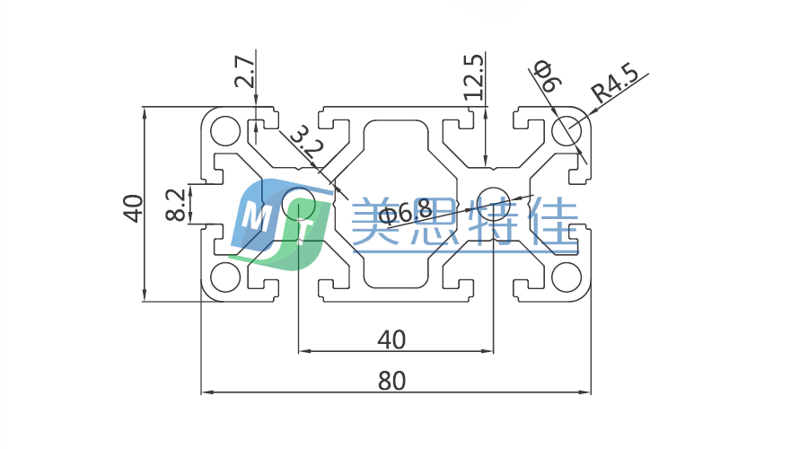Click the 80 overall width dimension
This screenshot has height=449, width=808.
(x=391, y=381)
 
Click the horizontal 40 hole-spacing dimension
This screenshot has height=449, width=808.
(x=391, y=339)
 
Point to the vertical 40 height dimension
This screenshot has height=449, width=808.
(x=133, y=207)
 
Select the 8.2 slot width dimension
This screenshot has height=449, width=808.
(x=177, y=204)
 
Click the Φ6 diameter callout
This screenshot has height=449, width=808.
(x=547, y=76)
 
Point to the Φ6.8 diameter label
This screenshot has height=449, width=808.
(x=404, y=213)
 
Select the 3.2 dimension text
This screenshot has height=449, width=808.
(x=303, y=143)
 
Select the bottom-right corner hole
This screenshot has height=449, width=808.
(x=566, y=277)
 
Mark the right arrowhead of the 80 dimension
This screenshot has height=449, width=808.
(x=587, y=392)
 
